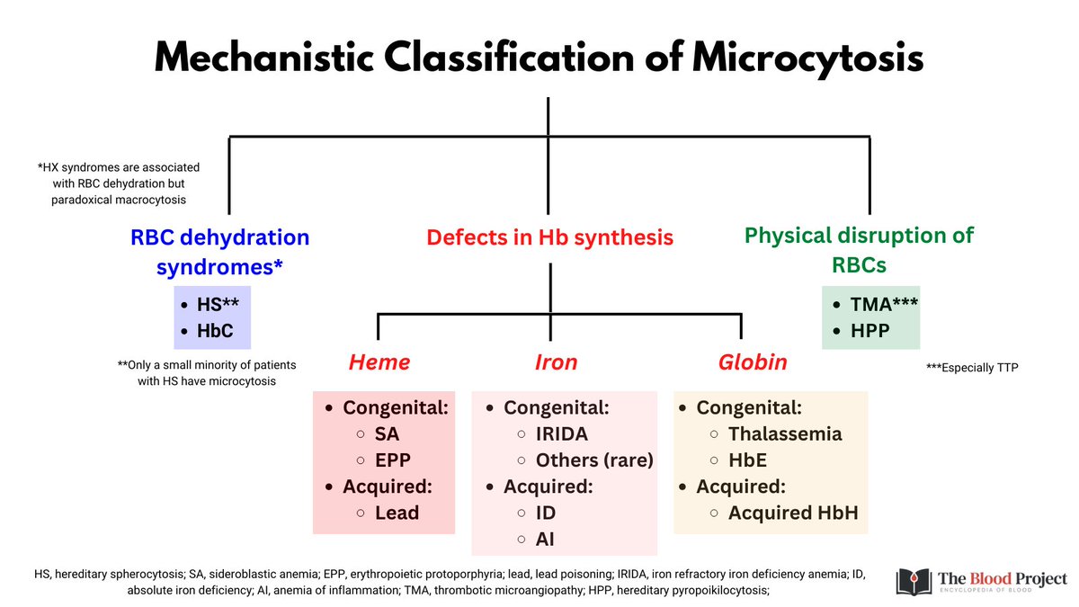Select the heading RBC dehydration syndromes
click(x=220, y=253)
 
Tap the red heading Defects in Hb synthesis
click(x=549, y=237)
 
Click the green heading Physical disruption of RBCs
click(x=859, y=250)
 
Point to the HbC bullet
click(x=214, y=330)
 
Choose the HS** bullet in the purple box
click(x=218, y=306)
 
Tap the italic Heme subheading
click(x=379, y=362)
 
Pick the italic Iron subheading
click(x=556, y=362)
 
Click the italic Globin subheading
click(x=753, y=362)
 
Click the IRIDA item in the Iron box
click(x=562, y=434)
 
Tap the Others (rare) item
click(x=594, y=460)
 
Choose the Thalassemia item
click(x=784, y=434)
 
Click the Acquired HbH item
click(x=793, y=513)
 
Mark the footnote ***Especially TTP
click(x=972, y=368)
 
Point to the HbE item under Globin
click(x=749, y=460)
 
